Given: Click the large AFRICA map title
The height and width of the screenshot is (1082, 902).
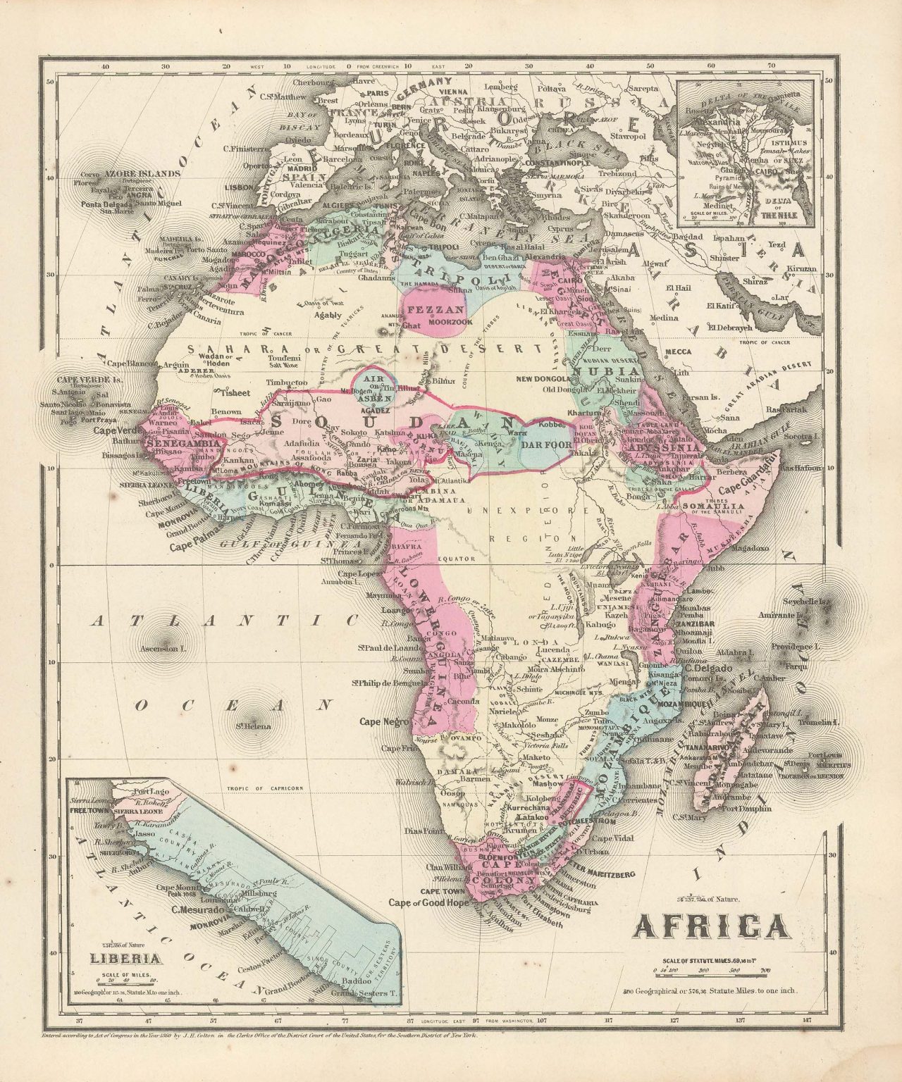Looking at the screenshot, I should click(x=712, y=924).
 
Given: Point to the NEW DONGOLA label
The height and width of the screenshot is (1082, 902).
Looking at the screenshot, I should click(x=562, y=378).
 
